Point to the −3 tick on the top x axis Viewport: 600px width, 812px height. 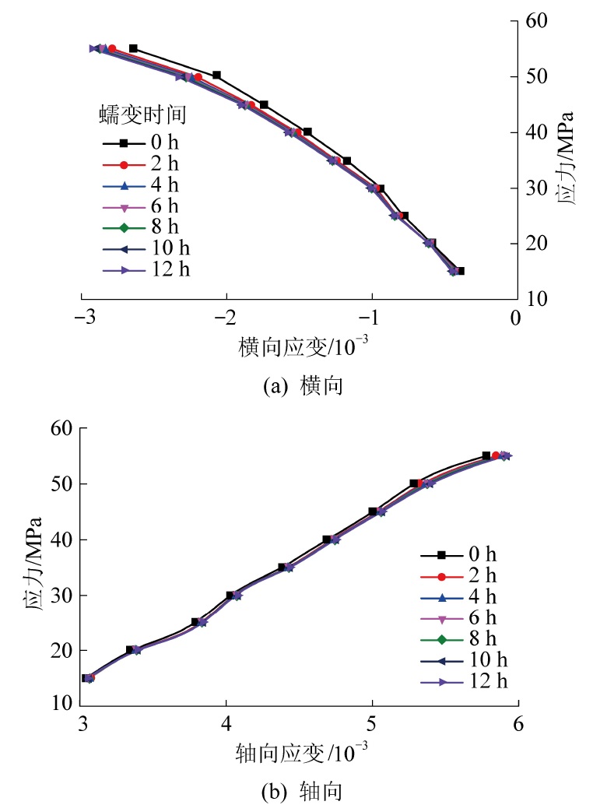click(x=81, y=318)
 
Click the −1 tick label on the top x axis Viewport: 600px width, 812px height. click(x=372, y=318)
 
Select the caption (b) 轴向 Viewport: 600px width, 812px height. click(x=300, y=793)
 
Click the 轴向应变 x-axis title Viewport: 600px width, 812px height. click(x=300, y=753)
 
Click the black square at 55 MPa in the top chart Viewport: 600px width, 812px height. click(x=133, y=48)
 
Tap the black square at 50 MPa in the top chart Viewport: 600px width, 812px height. click(x=216, y=76)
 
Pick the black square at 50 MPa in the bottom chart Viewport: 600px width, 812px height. click(x=414, y=483)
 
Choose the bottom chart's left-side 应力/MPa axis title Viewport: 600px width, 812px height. click(x=33, y=568)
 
